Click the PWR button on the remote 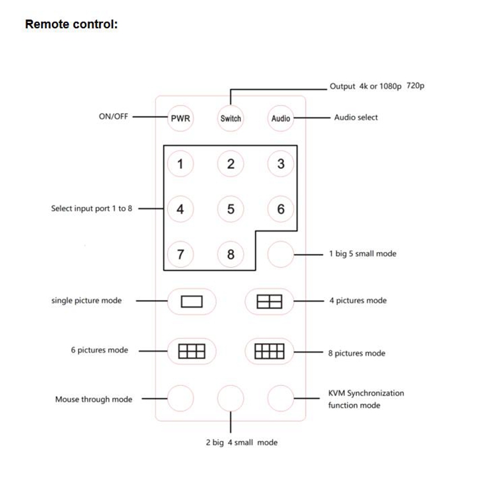pos(180,118)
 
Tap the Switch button pos(230,118)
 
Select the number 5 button pos(230,209)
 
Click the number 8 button pos(230,254)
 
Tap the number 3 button pos(280,164)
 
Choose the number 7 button pos(180,254)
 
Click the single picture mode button pos(191,301)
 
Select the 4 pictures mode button pos(269,301)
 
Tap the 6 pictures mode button pos(191,351)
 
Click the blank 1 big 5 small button pos(280,254)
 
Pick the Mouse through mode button pos(180,399)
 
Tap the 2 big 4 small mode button pos(230,399)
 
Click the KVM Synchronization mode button pos(280,399)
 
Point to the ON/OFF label pos(113,117)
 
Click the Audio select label pos(356,118)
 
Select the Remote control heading pos(71,25)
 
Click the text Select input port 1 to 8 pos(92,209)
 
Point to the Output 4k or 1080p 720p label pos(376,86)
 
